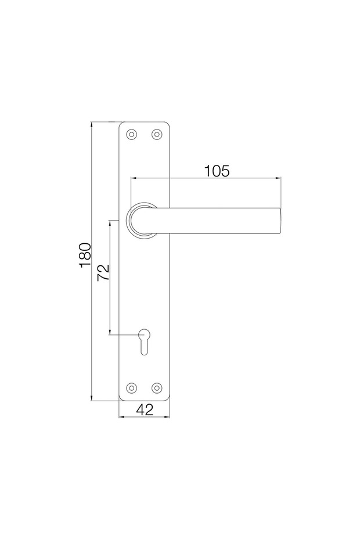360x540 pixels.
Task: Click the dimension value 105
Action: pyautogui.click(x=217, y=171)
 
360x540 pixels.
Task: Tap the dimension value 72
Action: pyautogui.click(x=103, y=272)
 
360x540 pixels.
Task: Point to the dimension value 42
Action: pyautogui.click(x=144, y=409)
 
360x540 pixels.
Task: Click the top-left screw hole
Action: pyautogui.click(x=132, y=135)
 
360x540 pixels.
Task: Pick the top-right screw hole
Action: pyautogui.click(x=156, y=135)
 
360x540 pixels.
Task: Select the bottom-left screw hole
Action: pyautogui.click(x=132, y=387)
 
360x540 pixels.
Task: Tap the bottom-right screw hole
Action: pyautogui.click(x=156, y=387)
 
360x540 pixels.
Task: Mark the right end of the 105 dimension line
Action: pyautogui.click(x=282, y=178)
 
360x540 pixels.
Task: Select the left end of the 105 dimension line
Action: pyautogui.click(x=131, y=178)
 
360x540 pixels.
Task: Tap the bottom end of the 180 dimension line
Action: pyautogui.click(x=92, y=401)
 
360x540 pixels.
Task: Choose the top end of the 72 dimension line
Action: pyautogui.click(x=110, y=221)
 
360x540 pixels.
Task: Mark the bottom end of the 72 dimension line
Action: pyautogui.click(x=110, y=335)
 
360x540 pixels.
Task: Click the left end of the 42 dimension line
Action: pyautogui.click(x=118, y=417)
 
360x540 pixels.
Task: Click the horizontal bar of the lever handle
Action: pyautogui.click(x=221, y=221)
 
